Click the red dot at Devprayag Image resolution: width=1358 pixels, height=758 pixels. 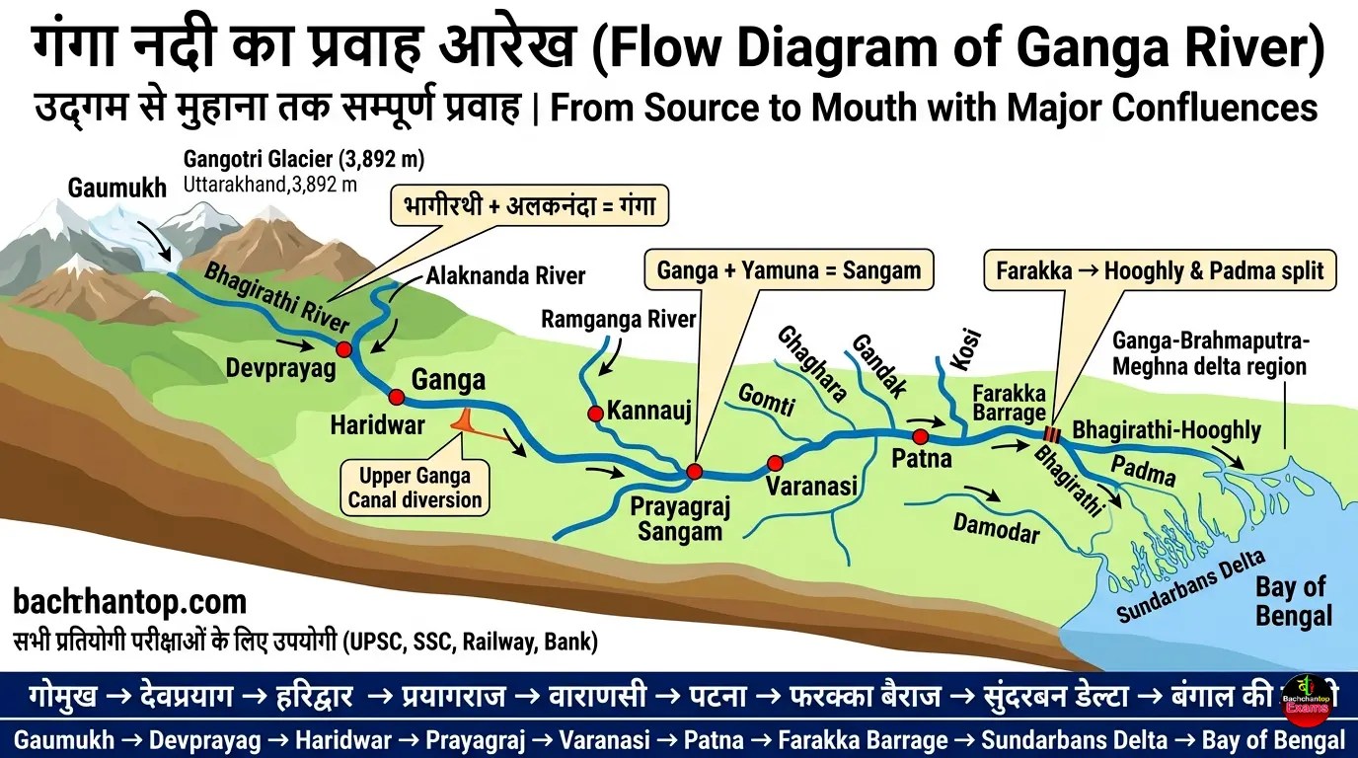[x=343, y=349]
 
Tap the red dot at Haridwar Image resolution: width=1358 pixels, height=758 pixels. [x=397, y=397]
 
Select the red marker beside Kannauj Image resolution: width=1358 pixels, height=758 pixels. [x=595, y=414]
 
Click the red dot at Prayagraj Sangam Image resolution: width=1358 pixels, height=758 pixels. [x=694, y=472]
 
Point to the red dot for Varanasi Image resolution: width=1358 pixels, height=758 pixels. [x=775, y=462]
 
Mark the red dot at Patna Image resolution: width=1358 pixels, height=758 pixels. [x=920, y=436]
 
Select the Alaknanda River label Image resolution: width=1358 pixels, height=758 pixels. [x=505, y=276]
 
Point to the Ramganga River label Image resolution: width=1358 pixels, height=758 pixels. [x=619, y=319]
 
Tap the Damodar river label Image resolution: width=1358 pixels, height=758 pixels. [x=996, y=528]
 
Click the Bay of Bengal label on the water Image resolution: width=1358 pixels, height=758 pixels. [x=1293, y=602]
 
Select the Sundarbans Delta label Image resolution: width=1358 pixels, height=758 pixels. [x=1191, y=586]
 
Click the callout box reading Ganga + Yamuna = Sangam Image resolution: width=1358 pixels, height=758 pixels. [x=788, y=269]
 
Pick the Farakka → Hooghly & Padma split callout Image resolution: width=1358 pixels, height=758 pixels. [x=1160, y=269]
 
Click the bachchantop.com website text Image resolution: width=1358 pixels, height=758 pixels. [x=130, y=601]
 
